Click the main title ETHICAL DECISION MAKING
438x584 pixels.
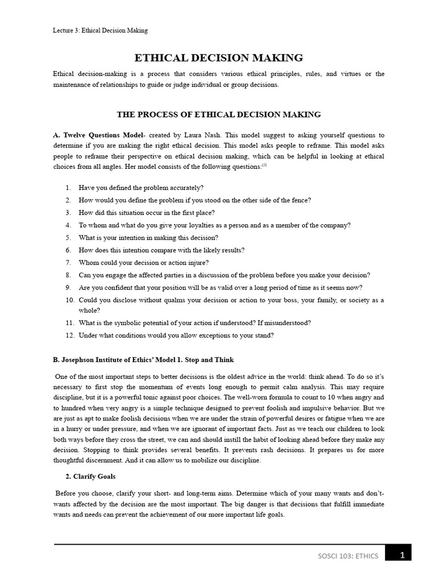coord(218,58)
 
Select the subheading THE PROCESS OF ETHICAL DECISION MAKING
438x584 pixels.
coord(218,115)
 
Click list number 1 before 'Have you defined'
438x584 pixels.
coord(68,188)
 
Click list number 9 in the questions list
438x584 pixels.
coord(68,287)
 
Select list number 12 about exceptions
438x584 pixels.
coord(70,335)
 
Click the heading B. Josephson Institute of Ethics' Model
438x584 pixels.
coord(143,360)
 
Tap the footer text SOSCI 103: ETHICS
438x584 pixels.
coord(349,557)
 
